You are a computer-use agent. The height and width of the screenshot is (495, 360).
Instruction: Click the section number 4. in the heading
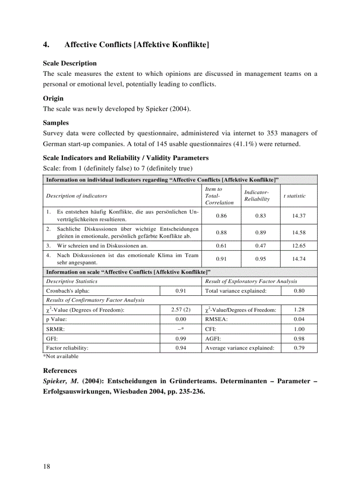pos(46,45)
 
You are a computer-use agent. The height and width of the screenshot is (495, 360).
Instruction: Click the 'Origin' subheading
pos(53,98)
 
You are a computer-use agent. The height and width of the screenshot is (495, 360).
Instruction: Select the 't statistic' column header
pos(294,196)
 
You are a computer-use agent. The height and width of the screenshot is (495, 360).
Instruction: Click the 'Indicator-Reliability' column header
pos(257,196)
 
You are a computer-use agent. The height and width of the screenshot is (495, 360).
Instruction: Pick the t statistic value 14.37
pos(299,216)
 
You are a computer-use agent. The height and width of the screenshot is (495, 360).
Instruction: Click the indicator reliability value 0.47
pos(260,246)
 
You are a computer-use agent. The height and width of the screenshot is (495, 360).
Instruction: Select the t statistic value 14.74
pos(299,259)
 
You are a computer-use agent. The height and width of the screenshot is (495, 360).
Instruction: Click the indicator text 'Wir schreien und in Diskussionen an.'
pos(102,246)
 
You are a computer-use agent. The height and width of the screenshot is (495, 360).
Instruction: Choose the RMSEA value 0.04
pos(299,319)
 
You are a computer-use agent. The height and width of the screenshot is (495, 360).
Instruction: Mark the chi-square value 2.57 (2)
pos(180,310)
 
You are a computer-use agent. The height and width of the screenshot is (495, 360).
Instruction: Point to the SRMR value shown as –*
pos(180,329)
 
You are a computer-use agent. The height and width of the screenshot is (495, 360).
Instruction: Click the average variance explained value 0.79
pos(299,348)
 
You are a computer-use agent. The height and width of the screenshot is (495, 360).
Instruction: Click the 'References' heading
pos(60,371)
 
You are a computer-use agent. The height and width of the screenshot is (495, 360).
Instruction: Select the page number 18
pos(46,466)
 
